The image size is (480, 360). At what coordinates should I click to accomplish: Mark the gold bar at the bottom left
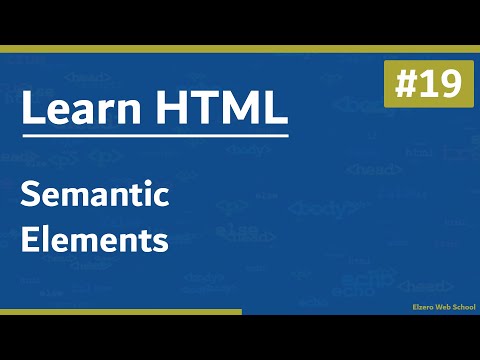point(120,313)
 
